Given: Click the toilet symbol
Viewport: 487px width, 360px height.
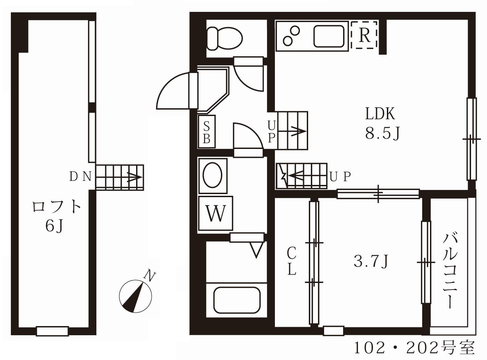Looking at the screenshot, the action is (x=224, y=38).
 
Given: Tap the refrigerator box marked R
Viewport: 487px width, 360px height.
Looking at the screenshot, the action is (x=364, y=35).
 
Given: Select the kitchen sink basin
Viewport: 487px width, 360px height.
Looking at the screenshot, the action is (x=329, y=36).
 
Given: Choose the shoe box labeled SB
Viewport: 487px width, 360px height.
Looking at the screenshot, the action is (x=206, y=132).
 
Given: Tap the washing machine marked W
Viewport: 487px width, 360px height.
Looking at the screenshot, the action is (x=216, y=213).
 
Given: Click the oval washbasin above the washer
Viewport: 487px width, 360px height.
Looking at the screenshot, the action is (x=212, y=175).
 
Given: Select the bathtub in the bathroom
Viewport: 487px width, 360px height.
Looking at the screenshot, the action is (x=237, y=300).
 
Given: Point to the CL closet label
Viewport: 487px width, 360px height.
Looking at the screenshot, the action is (x=292, y=261).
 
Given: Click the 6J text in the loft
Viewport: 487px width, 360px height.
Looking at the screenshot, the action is (x=54, y=226).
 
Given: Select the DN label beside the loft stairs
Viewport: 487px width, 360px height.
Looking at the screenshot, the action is (x=80, y=176).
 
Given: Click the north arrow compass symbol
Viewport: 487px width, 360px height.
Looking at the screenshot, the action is (x=135, y=296).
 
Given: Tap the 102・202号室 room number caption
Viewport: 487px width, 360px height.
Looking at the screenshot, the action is (x=414, y=347).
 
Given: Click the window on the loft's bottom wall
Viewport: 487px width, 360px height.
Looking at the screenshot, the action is (x=53, y=331).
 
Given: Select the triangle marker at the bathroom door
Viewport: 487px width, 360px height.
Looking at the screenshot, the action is (x=257, y=250).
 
